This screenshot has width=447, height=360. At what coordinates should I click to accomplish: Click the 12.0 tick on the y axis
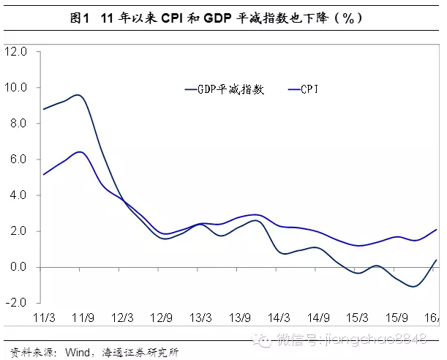tap(15, 52)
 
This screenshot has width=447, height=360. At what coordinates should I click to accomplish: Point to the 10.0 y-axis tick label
tap(15, 88)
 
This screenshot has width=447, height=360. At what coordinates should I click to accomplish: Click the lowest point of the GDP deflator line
tap(415, 286)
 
